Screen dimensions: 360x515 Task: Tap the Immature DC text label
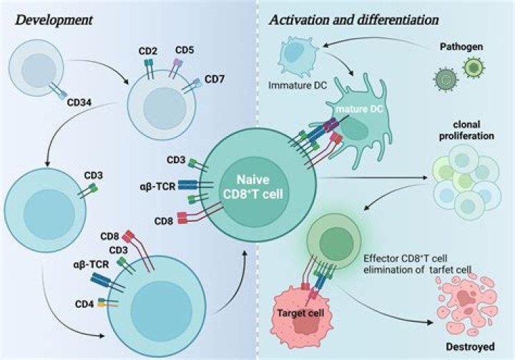point(298,85)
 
